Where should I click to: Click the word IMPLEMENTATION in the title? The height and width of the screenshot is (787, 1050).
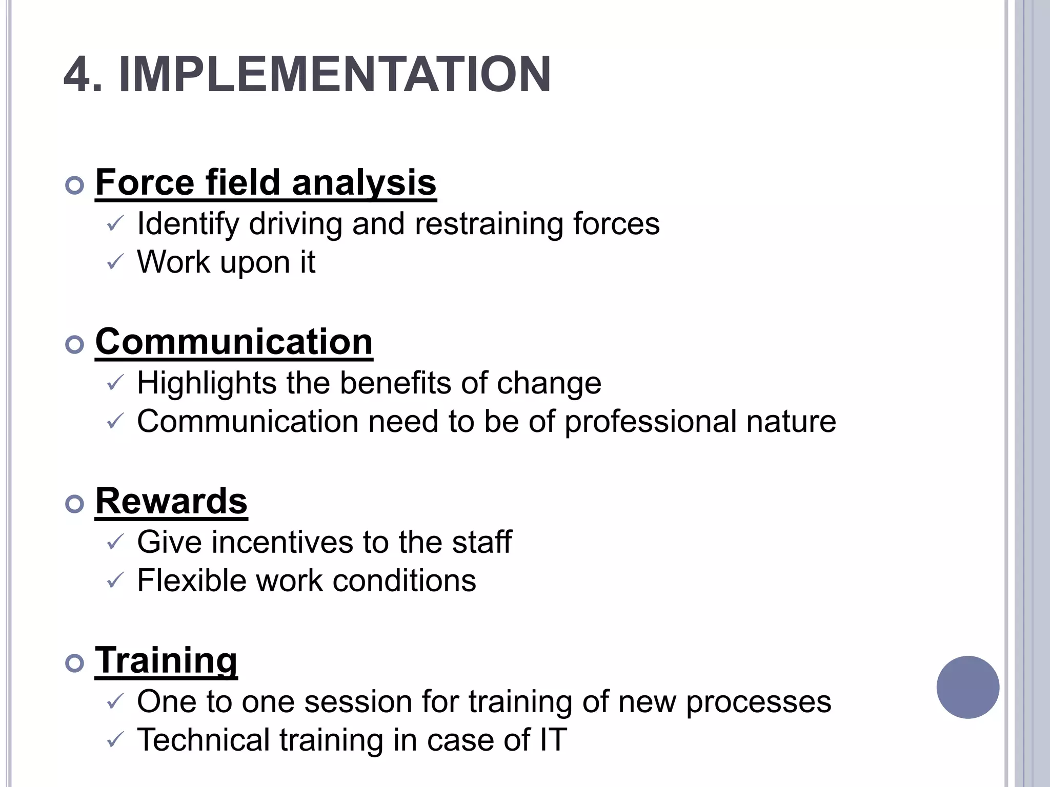coord(334,75)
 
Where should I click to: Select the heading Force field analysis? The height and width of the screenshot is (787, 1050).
coord(266,182)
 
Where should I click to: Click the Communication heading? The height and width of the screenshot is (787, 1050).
coord(234,342)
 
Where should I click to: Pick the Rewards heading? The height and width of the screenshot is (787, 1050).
coord(171,501)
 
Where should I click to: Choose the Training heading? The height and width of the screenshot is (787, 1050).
coord(166,660)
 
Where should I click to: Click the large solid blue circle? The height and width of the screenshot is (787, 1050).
coord(967,687)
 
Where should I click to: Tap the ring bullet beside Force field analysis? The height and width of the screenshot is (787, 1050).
coord(75,185)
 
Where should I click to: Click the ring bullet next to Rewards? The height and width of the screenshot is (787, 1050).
coord(75,504)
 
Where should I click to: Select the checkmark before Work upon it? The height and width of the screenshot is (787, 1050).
coord(115,262)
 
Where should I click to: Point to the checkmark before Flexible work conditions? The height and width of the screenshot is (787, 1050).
coord(115,581)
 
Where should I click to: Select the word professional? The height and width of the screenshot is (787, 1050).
coord(650,422)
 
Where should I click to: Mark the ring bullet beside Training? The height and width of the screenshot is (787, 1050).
coord(75,664)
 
